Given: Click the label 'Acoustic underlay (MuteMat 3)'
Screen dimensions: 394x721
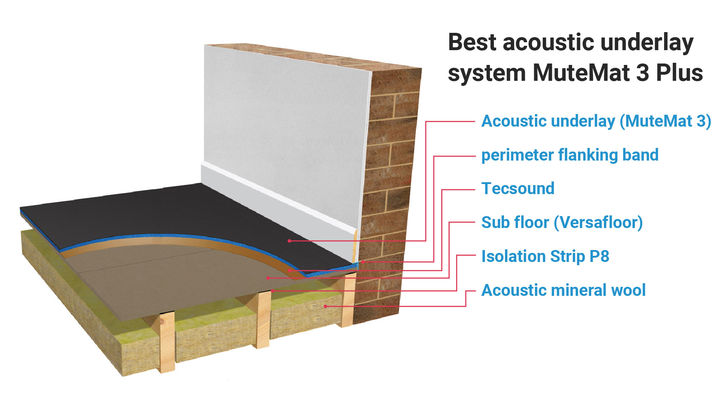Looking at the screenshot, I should coord(596,121).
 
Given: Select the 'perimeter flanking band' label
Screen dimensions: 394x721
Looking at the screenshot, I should coord(570,155).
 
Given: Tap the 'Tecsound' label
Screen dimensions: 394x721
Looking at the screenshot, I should coord(518,189).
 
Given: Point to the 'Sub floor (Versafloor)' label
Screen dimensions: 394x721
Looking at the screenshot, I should coord(562,223).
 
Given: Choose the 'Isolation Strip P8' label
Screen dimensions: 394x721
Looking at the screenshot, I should coord(545,257).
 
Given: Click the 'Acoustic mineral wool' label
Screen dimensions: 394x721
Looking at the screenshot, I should coord(563,290).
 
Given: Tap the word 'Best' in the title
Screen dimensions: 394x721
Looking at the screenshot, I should coord(473,42).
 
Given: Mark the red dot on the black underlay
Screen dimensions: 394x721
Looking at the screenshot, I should coord(289,241).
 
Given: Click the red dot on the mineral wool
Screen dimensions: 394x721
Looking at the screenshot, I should coord(325,306).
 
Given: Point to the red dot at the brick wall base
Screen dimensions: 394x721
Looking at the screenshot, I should coord(363,262).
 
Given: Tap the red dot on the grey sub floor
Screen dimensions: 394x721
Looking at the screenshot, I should coord(268,278).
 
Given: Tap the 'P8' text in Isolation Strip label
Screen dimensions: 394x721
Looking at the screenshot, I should coord(599,257).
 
